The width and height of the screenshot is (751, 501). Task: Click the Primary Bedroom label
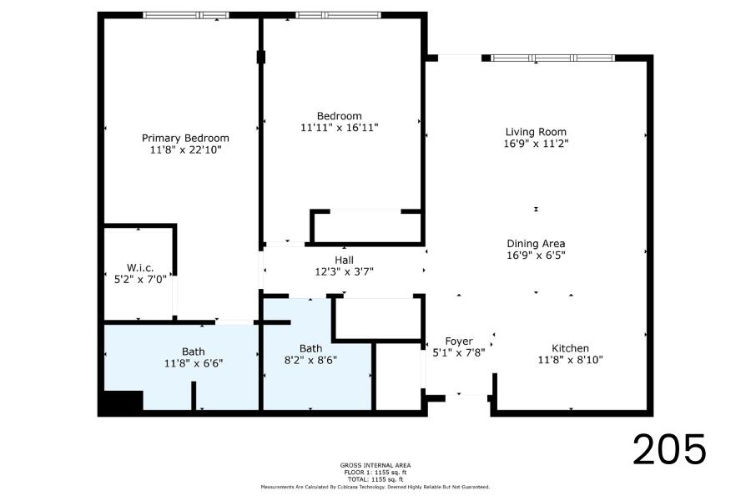pyautogui.click(x=185, y=138)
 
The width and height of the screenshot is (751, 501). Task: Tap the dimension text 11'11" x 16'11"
pyautogui.click(x=339, y=128)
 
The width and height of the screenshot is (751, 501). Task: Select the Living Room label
pyautogui.click(x=536, y=132)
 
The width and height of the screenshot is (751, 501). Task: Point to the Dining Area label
pyautogui.click(x=536, y=244)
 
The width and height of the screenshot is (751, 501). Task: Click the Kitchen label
pyautogui.click(x=570, y=348)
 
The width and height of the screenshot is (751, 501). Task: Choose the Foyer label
pyautogui.click(x=459, y=342)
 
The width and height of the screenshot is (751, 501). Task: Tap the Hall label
pyautogui.click(x=344, y=261)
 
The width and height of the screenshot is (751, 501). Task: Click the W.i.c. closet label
pyautogui.click(x=140, y=268)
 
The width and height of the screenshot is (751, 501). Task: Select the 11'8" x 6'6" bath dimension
pyautogui.click(x=194, y=363)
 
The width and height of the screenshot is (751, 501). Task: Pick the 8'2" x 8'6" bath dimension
pyautogui.click(x=310, y=360)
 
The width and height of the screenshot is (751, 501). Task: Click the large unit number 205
pyautogui.click(x=669, y=449)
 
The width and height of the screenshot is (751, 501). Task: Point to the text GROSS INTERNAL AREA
pyautogui.click(x=375, y=465)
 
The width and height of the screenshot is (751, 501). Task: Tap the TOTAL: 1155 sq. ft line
pyautogui.click(x=375, y=479)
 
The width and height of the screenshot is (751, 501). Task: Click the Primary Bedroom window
pyautogui.click(x=186, y=15)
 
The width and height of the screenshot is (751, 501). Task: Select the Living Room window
pyautogui.click(x=553, y=58)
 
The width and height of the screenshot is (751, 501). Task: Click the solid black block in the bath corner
pyautogui.click(x=121, y=402)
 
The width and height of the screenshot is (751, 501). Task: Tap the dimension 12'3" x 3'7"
pyautogui.click(x=344, y=272)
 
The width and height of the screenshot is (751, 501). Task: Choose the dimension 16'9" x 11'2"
pyautogui.click(x=536, y=144)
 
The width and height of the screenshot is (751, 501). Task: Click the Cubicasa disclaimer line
pyautogui.click(x=375, y=487)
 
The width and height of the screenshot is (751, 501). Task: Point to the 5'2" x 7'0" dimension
pyautogui.click(x=140, y=280)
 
